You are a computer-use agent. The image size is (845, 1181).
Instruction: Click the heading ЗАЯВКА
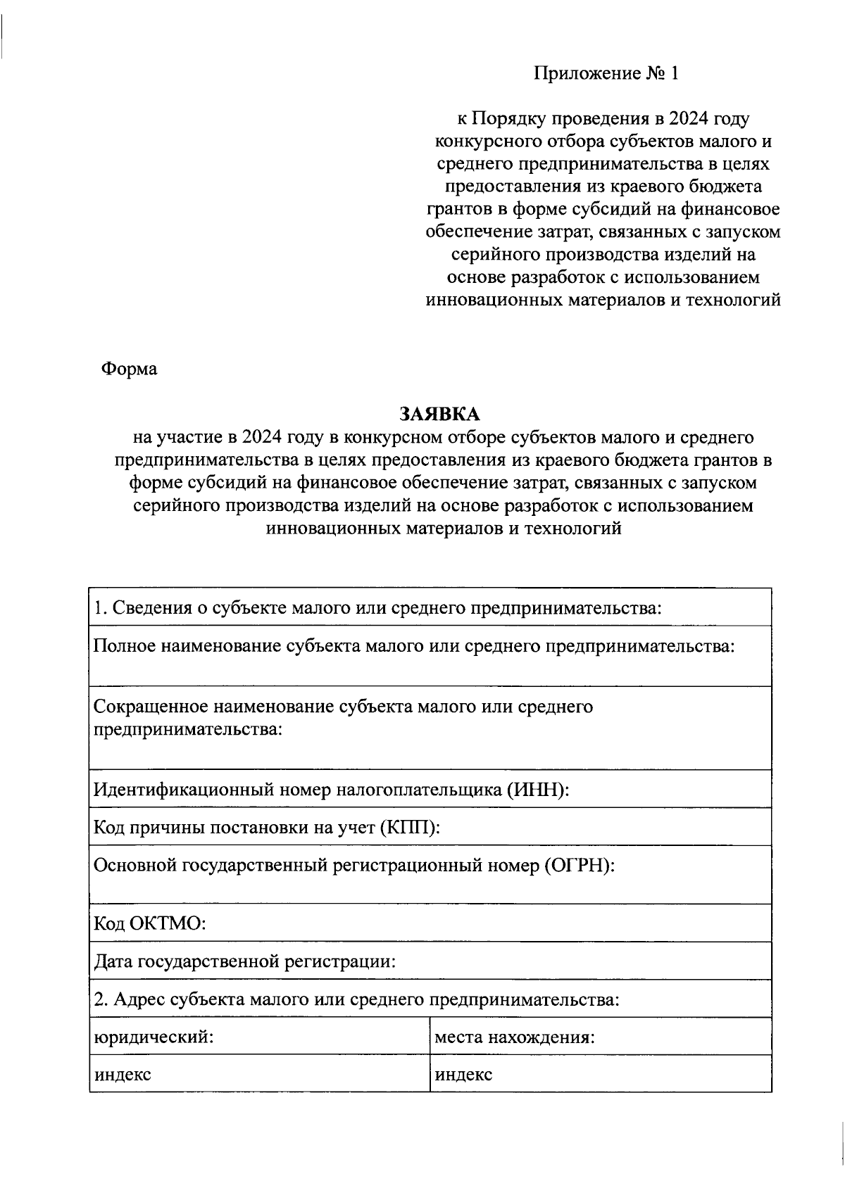439,414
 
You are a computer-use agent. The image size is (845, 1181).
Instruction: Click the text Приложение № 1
606,73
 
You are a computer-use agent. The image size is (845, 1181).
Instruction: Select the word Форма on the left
129,369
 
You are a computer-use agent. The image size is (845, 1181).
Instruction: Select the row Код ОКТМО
149,923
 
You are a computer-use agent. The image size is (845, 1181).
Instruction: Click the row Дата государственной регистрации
244,961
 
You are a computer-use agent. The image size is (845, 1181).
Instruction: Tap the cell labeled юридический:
154,1037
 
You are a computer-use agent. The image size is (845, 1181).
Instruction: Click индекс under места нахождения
463,1075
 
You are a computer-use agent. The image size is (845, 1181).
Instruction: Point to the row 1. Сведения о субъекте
377,607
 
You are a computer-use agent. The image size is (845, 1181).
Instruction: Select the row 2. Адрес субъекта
356,999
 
